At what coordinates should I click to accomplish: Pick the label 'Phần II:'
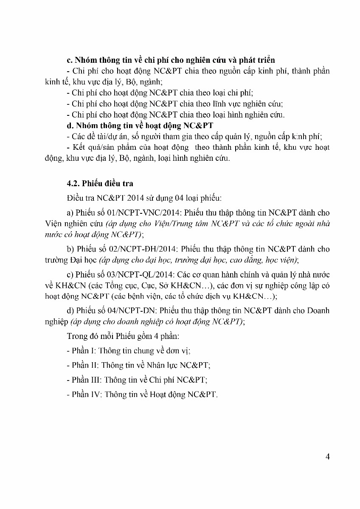[85, 365]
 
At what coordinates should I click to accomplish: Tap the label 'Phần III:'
[86, 380]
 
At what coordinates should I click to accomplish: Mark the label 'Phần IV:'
[86, 394]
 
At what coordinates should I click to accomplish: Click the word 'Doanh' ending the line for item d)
[319, 311]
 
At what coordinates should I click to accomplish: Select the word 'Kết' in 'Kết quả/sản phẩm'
[79, 148]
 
